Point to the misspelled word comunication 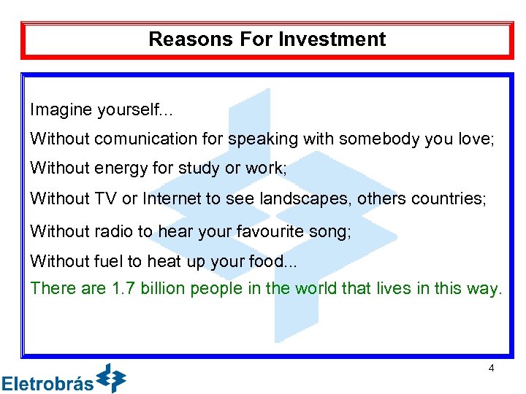(134, 139)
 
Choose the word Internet (175, 198)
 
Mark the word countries (447, 198)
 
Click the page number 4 (491, 368)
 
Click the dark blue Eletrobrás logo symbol (112, 378)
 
